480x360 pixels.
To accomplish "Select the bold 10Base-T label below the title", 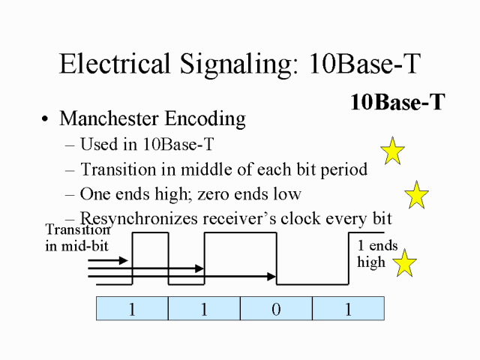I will (x=397, y=103).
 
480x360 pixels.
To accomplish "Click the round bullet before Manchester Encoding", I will (x=46, y=120).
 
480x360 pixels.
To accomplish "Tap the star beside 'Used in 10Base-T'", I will (x=392, y=151).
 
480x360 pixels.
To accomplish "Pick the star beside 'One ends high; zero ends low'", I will (x=416, y=195).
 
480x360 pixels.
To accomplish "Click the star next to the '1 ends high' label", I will (x=405, y=263).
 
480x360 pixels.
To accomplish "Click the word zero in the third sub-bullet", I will (x=238, y=194).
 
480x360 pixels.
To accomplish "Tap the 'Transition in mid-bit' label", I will (x=77, y=238).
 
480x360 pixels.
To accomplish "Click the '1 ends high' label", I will (x=376, y=253).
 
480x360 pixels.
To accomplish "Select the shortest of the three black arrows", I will (x=108, y=260).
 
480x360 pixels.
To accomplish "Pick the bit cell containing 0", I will (x=276, y=309).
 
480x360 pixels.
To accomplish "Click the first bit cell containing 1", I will (x=132, y=309).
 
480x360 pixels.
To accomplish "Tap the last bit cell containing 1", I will (x=348, y=309).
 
